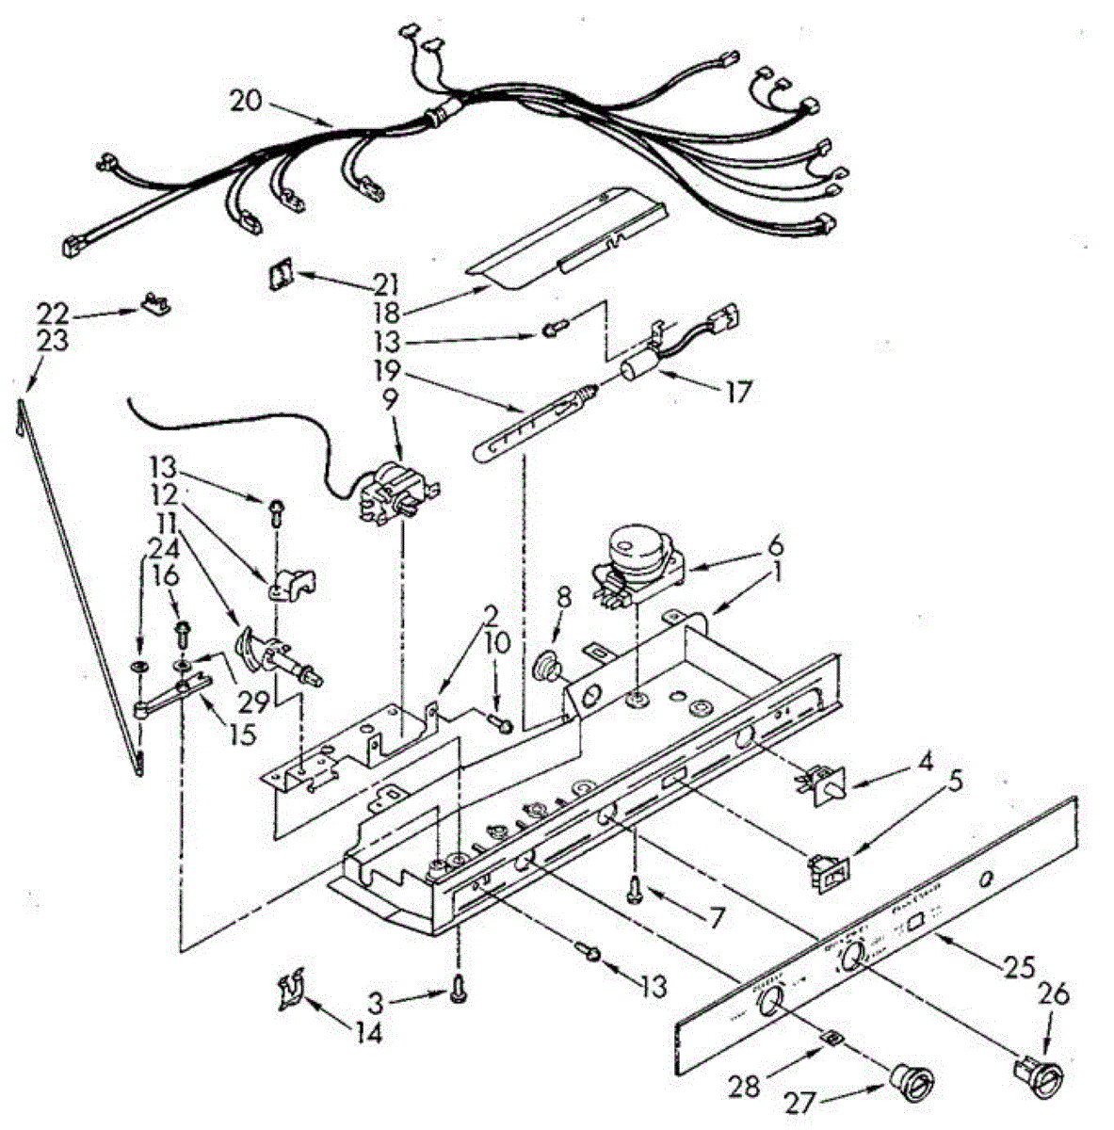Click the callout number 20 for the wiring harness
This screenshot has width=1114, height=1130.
(x=246, y=100)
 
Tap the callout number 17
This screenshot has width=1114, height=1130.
(x=738, y=392)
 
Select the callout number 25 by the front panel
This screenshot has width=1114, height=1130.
(x=1019, y=967)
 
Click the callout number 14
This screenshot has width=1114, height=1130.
(x=369, y=1033)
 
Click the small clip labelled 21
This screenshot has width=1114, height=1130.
(x=280, y=275)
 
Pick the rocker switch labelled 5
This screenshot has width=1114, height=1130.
(x=829, y=871)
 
